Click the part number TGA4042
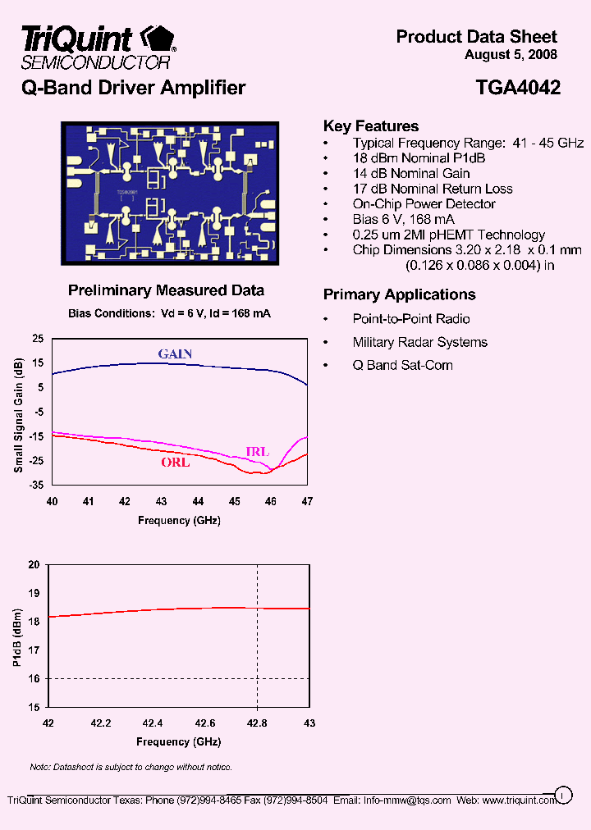point(517,89)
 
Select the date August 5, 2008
point(511,55)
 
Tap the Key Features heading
point(371,126)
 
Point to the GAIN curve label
point(175,353)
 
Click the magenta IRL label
point(257,451)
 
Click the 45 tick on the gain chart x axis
point(235,501)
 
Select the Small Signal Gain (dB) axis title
point(17,418)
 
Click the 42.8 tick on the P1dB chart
point(258,723)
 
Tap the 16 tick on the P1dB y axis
point(34,678)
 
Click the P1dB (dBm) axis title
point(17,636)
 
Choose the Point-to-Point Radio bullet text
point(411,319)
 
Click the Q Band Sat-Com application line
point(402,365)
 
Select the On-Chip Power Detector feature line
point(424,204)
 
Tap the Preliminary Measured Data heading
point(166,290)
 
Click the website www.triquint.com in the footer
point(520,800)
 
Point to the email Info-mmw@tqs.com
point(407,800)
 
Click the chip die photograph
point(170,194)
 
